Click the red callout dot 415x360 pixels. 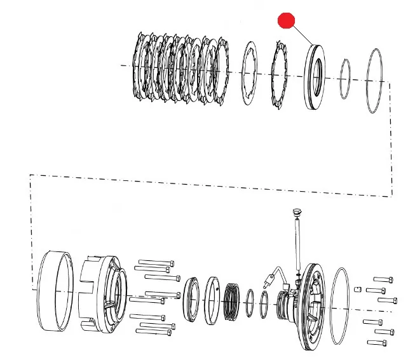coord(287,20)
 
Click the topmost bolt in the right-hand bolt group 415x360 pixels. coord(383,279)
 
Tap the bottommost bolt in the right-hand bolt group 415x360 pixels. coord(378,342)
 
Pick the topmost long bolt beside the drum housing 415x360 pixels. coord(155,262)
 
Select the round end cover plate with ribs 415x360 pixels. coord(311,306)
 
